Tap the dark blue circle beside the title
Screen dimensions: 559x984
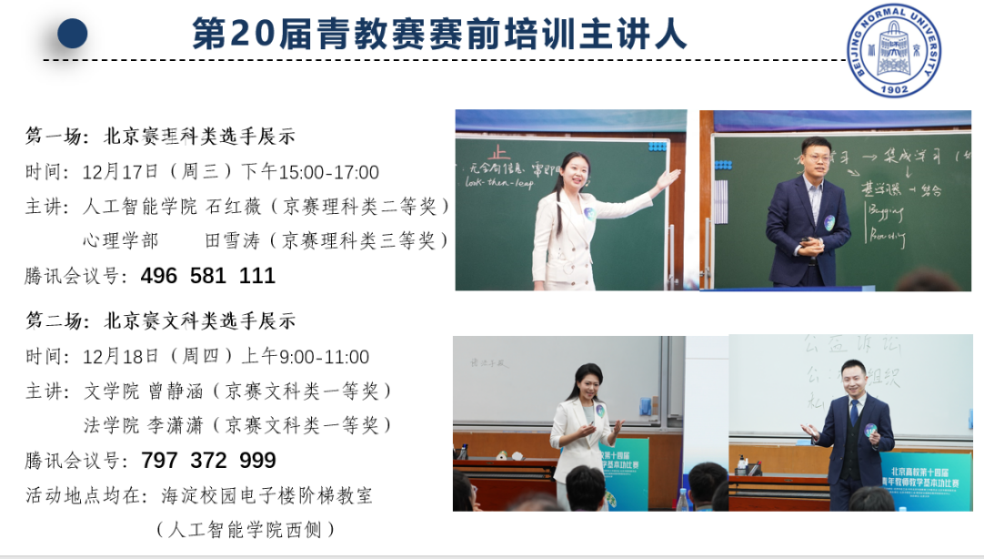73,34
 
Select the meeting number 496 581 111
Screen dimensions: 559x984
208,276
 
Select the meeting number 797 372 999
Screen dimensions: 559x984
208,461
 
